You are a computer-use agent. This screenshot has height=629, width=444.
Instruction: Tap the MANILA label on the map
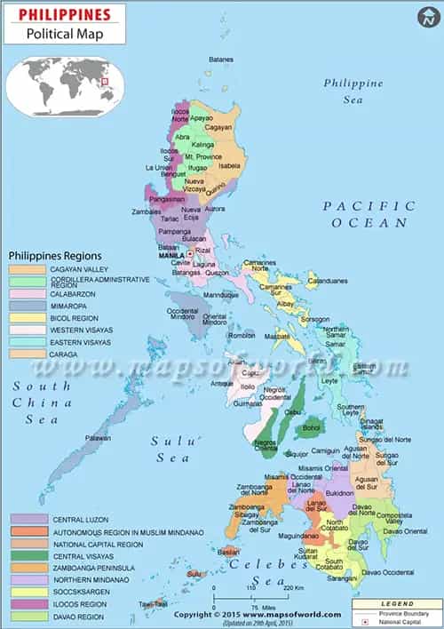click(x=170, y=255)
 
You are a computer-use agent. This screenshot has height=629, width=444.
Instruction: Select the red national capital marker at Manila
click(x=189, y=254)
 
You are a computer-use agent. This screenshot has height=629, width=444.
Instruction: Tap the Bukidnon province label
click(x=339, y=492)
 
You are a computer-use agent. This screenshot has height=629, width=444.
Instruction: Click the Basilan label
click(x=231, y=551)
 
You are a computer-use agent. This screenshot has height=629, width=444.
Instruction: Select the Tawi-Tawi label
click(x=154, y=603)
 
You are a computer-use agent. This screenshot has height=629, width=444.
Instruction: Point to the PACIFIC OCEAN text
click(x=369, y=213)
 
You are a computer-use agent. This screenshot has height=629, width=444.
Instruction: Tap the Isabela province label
click(x=229, y=166)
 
